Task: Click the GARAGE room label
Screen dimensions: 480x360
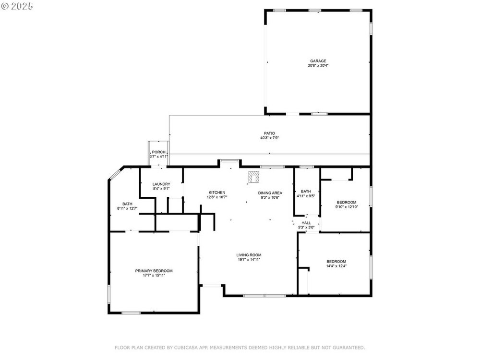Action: coord(318,61)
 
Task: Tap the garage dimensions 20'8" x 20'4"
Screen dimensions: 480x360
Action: coord(318,65)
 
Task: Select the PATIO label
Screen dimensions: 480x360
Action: coord(269,133)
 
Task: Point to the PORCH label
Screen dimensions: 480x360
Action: coord(158,152)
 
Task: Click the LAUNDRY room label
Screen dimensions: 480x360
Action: coord(161,184)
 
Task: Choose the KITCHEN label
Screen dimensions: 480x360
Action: coord(217,192)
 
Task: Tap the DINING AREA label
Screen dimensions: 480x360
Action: coord(270,193)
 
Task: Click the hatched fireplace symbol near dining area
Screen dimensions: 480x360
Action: coord(253,177)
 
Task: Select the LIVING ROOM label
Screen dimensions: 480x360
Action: coord(249,255)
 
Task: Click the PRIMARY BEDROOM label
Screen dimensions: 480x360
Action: coord(154,271)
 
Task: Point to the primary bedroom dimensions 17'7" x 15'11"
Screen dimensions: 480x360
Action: coord(154,276)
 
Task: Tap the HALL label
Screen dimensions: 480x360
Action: coord(306,223)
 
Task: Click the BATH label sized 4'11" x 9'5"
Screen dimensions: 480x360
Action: coord(306,192)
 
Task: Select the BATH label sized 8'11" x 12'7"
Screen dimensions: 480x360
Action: coord(127,204)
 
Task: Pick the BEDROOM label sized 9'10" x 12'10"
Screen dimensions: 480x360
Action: coord(347,203)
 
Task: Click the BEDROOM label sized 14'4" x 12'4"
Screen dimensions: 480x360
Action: coord(336,262)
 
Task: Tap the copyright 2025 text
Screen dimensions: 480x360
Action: coord(17,6)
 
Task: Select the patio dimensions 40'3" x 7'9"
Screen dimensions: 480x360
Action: coord(269,138)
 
